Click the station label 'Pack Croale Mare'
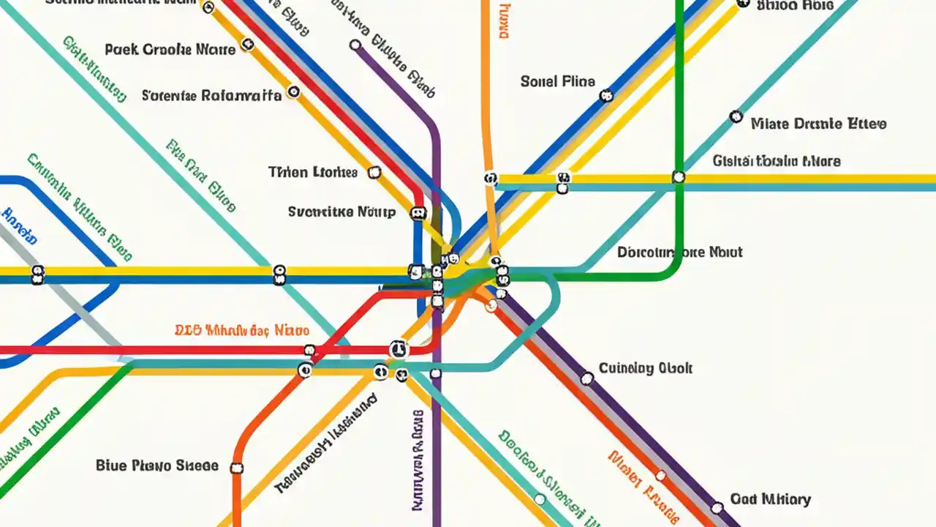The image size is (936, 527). click(170, 50)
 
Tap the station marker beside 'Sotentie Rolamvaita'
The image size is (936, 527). click(293, 92)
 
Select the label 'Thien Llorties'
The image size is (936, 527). click(313, 173)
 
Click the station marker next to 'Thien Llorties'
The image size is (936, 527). click(374, 173)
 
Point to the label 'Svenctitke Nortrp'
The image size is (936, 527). click(341, 212)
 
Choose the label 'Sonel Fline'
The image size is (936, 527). click(557, 81)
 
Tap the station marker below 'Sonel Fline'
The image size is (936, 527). click(605, 95)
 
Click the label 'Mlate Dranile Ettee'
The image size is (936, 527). click(818, 124)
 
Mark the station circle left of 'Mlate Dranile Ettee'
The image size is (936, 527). click(736, 117)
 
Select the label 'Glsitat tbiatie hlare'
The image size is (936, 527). click(777, 161)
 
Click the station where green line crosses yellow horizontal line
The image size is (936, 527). click(679, 177)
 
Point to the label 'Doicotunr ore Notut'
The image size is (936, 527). click(679, 253)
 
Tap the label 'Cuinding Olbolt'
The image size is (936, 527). click(645, 368)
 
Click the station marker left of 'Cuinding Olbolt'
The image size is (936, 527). click(586, 378)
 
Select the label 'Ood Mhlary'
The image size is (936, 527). click(770, 500)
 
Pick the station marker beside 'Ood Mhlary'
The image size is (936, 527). click(717, 507)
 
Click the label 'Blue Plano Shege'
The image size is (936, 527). click(156, 466)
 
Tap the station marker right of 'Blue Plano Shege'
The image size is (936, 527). click(236, 468)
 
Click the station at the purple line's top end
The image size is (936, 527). click(355, 45)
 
